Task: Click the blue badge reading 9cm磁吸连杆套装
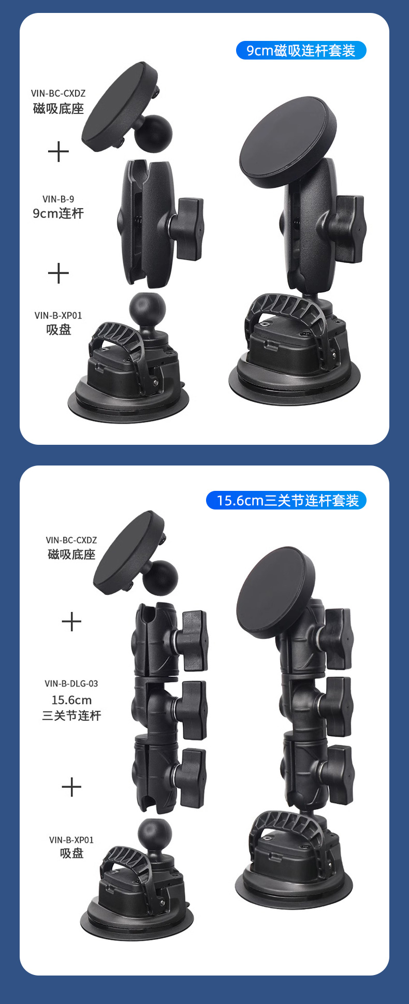(301, 50)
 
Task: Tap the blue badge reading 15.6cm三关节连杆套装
(286, 500)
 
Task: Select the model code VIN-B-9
(58, 199)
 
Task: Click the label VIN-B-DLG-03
(71, 683)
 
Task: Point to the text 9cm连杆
(58, 213)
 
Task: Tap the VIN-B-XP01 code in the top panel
(58, 315)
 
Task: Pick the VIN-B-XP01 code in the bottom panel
(71, 840)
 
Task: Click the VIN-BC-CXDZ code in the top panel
(58, 93)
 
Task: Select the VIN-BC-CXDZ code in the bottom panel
(71, 540)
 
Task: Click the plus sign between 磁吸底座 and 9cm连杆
(58, 152)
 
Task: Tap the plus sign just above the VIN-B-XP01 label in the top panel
(58, 273)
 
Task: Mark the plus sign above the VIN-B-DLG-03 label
(71, 621)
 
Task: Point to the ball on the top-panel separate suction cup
(148, 310)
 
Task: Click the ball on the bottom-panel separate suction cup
(154, 835)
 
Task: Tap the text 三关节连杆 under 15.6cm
(71, 716)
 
